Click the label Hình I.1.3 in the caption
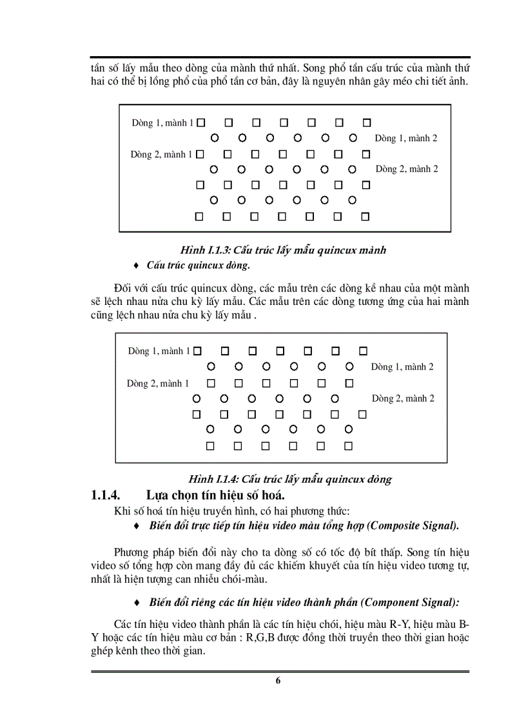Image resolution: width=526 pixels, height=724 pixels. (x=205, y=250)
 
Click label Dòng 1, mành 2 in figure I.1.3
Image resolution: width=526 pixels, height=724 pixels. (x=406, y=138)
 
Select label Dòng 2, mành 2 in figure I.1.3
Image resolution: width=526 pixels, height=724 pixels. (x=407, y=169)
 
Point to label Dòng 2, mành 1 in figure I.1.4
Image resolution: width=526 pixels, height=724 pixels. (x=158, y=383)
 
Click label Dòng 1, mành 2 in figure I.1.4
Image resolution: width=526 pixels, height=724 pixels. (x=402, y=367)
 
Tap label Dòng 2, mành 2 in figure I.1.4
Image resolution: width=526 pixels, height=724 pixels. (x=403, y=398)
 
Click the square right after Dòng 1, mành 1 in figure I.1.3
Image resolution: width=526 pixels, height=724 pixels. (x=200, y=122)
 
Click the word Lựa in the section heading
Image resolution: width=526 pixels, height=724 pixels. (x=157, y=496)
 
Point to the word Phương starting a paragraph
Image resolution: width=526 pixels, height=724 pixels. (x=133, y=553)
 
